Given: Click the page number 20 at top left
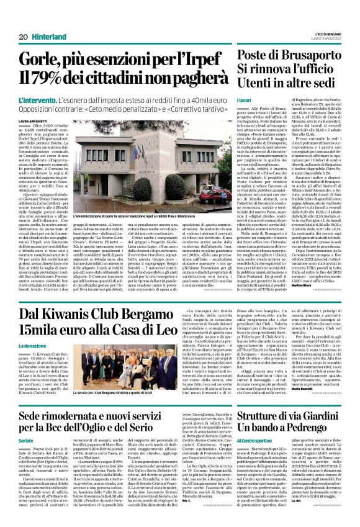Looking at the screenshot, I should pos(23,37).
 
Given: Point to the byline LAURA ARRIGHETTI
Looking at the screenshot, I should pos(35,120).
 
